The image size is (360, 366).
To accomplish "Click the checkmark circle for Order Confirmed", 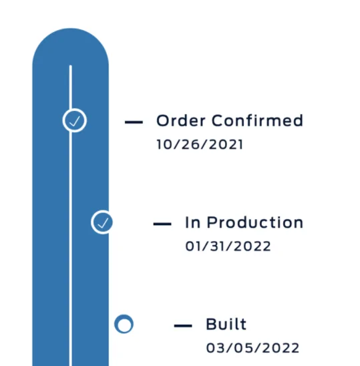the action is [x=75, y=120].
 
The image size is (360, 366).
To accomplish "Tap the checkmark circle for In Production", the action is [x=102, y=222].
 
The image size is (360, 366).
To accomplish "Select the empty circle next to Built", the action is [x=124, y=324].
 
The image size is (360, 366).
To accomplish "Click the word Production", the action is [x=255, y=222].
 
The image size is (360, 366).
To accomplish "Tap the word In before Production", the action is [x=193, y=222].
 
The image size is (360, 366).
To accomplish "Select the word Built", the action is [x=226, y=324].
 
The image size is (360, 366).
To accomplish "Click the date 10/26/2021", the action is [x=200, y=144].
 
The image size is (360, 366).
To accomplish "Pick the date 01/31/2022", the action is [x=228, y=246].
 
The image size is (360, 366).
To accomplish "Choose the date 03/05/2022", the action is [x=252, y=348].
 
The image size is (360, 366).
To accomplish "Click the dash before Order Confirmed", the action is [x=134, y=122].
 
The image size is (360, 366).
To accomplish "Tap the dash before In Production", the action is [x=162, y=224].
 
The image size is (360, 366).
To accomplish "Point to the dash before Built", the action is [x=183, y=326].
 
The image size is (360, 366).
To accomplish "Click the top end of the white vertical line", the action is [x=71, y=65].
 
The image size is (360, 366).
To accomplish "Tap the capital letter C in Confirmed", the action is [x=218, y=120].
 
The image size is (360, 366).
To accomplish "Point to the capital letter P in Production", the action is [x=212, y=222].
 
